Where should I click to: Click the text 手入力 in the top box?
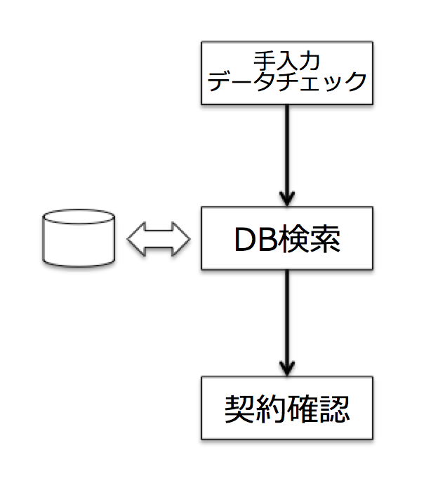point(286,61)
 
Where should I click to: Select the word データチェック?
point(287,81)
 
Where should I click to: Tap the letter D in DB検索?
point(246,240)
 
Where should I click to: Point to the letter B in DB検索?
point(270,240)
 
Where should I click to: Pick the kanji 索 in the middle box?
point(325,239)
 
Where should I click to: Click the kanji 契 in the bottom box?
point(240,409)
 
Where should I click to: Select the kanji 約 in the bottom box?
point(272,409)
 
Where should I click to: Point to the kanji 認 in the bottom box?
point(334,409)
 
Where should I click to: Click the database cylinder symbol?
point(79,238)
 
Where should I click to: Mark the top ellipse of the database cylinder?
point(79,217)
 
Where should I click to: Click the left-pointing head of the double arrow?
point(136,239)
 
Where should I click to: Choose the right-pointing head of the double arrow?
point(181,239)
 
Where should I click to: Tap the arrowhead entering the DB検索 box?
point(287,198)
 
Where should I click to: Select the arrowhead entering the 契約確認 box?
point(287,368)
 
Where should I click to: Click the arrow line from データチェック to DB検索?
point(287,156)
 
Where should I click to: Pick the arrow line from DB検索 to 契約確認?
point(287,323)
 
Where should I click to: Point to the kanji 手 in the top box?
point(264,61)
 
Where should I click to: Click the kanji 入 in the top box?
point(286,61)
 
